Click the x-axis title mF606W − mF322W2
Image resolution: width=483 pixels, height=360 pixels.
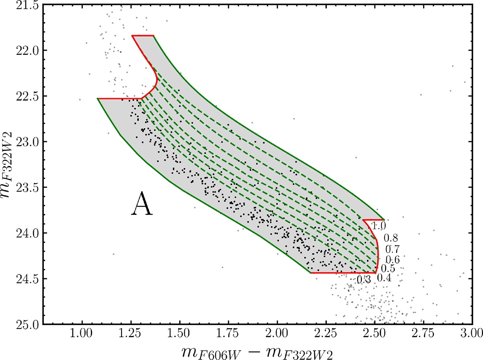(262, 351)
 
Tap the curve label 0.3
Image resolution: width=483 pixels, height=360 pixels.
(363, 279)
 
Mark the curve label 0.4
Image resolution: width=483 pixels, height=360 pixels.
(384, 278)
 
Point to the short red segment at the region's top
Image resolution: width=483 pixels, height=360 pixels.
(142, 36)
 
